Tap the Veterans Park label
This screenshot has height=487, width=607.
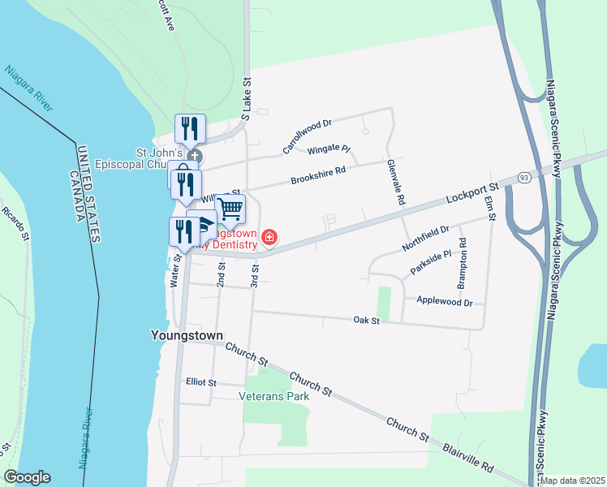[x=274, y=397]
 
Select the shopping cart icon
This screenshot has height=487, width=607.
[x=230, y=209]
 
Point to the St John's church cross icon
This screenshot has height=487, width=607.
[x=193, y=156]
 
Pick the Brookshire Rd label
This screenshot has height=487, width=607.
[x=318, y=175]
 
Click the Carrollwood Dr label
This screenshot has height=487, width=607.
[x=308, y=136]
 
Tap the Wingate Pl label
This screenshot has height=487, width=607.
[x=328, y=150]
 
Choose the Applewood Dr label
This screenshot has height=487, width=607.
[x=444, y=302]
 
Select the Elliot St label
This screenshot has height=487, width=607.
[x=200, y=382]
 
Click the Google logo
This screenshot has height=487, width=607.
[x=27, y=477]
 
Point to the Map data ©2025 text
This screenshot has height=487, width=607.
[x=572, y=481]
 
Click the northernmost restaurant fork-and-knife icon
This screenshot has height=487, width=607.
[x=190, y=128]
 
